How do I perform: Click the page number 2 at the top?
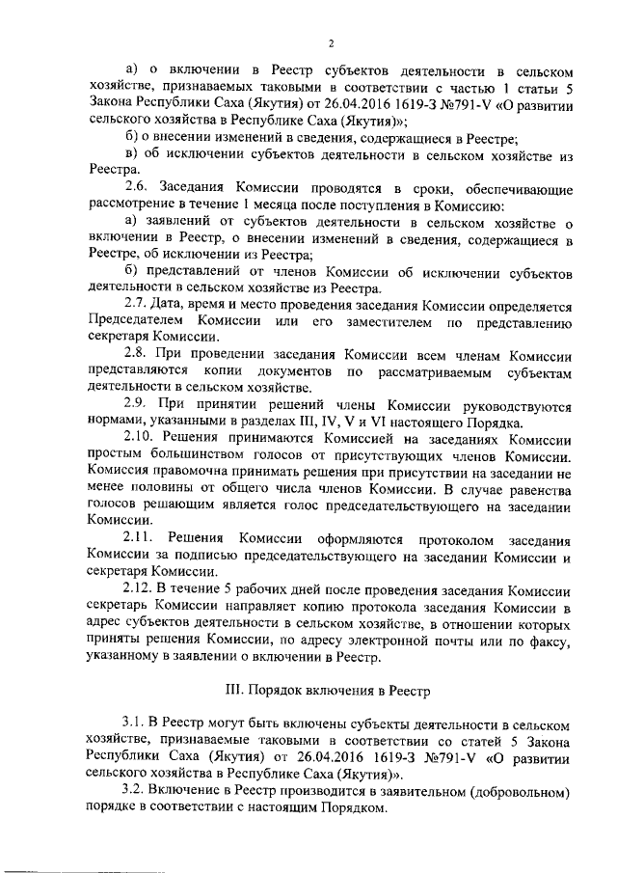coord(331,43)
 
